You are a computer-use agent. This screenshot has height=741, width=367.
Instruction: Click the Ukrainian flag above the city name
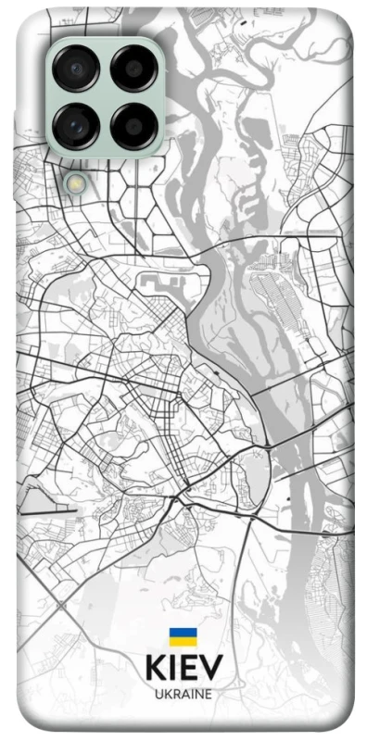coord(183,637)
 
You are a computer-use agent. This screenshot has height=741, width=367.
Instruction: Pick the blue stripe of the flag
coord(183,633)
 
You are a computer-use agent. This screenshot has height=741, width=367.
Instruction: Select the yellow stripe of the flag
coord(183,642)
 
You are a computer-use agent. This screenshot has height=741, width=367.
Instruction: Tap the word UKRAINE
coord(183,693)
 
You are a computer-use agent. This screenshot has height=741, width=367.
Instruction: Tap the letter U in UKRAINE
coord(158,693)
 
